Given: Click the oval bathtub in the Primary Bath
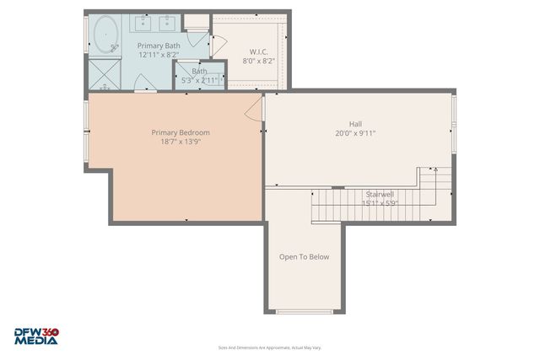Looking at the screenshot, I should pos(106,35).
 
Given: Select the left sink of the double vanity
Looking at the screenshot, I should pos(143,23).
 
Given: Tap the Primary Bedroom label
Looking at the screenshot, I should pos(181,132).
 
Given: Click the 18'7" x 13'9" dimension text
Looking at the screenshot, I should pos(181,142).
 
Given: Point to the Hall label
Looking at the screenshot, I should pos(354,122).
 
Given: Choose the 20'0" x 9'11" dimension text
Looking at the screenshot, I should pos(354,133).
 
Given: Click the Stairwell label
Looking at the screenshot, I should pos(380,193).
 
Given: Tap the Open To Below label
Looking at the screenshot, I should pos(304,257).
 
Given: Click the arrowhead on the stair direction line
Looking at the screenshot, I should pos(436,169).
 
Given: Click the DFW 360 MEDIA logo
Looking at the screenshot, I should pos(35,336).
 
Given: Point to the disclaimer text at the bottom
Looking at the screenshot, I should pos(269,347).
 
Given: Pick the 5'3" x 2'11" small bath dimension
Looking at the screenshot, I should pos(199,80).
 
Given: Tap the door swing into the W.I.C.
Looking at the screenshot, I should pos(219,46).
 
